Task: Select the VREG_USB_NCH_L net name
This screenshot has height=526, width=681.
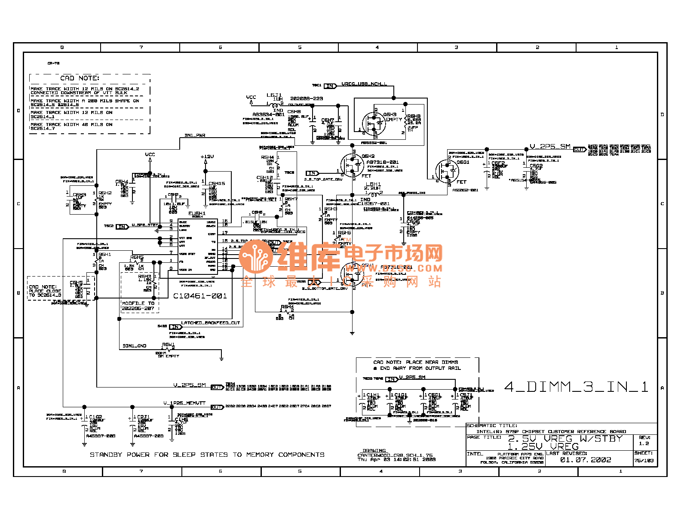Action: click(364, 84)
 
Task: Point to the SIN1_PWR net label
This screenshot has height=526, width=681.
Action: click(195, 135)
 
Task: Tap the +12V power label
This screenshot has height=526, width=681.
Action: click(207, 157)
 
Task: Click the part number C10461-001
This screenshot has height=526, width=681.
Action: click(200, 296)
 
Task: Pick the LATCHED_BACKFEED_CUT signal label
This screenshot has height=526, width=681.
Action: click(210, 323)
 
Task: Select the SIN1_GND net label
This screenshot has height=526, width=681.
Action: click(135, 346)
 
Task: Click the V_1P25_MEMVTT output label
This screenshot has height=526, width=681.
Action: click(184, 403)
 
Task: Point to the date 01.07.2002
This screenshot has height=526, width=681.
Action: click(585, 460)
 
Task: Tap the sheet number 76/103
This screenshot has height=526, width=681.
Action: click(644, 461)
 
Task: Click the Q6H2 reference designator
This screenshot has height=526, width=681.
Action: click(368, 156)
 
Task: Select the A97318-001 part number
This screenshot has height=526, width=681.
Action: click(383, 162)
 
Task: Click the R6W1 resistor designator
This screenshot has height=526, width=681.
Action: click(168, 345)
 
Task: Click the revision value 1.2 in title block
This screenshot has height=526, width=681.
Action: click(644, 443)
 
